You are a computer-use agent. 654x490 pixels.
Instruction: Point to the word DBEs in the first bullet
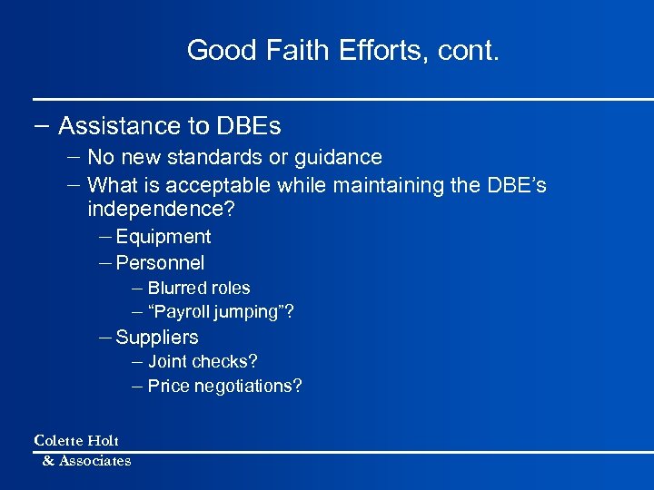click(x=248, y=125)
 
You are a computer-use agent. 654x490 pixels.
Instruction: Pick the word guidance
click(x=337, y=158)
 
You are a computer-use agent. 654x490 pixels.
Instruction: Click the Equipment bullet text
click(x=163, y=237)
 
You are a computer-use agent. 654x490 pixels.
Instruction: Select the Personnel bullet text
click(x=160, y=263)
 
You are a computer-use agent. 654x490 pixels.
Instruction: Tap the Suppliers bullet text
click(x=157, y=338)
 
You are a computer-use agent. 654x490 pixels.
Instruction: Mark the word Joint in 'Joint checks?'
click(x=167, y=362)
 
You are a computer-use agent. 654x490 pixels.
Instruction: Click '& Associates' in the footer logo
click(x=86, y=461)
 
